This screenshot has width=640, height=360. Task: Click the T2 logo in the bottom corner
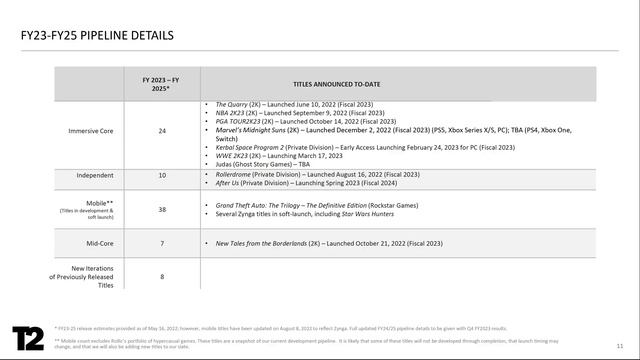29,335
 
